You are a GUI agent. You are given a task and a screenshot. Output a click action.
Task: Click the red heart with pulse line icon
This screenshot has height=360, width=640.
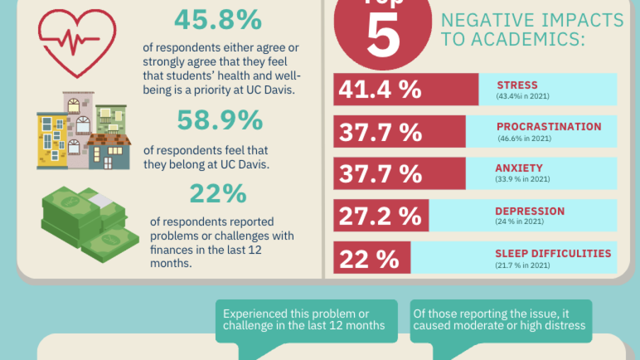click(77, 42)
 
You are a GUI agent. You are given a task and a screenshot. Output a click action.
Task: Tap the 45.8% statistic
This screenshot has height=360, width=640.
click(218, 20)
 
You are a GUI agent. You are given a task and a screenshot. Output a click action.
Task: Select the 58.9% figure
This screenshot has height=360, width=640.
click(220, 120)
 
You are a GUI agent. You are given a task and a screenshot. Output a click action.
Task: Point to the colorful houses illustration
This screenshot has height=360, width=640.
click(83, 131)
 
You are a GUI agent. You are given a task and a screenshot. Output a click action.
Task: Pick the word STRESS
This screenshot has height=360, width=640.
click(517, 85)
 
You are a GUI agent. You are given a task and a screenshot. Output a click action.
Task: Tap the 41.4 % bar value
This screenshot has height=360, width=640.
click(380, 89)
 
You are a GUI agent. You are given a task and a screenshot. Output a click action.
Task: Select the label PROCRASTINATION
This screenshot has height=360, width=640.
click(549, 126)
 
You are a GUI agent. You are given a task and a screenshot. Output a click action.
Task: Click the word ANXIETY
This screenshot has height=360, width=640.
click(519, 168)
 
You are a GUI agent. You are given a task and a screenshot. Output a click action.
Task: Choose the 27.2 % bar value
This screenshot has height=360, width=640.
click(380, 215)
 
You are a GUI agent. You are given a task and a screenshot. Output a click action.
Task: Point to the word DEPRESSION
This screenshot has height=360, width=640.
click(530, 211)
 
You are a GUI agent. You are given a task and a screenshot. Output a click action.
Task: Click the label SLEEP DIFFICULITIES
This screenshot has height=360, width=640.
click(553, 253)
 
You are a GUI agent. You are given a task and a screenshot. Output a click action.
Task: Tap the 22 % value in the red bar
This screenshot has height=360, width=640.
click(369, 258)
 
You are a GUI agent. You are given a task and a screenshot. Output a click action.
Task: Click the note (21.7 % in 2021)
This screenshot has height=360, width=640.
click(522, 265)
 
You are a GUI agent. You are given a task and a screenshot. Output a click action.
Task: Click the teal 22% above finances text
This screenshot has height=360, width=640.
click(218, 194)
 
